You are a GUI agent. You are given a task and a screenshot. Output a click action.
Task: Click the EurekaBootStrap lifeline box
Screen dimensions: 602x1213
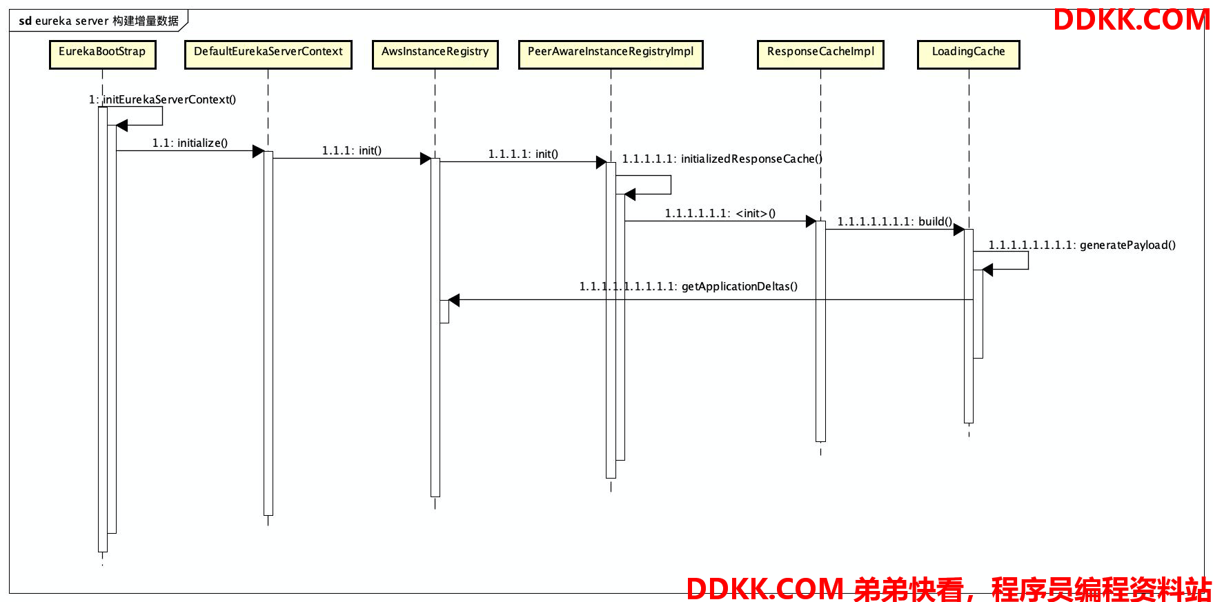pyautogui.click(x=102, y=54)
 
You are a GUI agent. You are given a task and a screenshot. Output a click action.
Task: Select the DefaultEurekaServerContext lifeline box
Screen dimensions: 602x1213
pyautogui.click(x=268, y=54)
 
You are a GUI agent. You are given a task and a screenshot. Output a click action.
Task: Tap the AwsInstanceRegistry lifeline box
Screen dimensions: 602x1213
pyautogui.click(x=435, y=54)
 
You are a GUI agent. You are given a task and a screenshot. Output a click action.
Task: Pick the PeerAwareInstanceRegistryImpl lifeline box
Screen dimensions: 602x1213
pyautogui.click(x=611, y=54)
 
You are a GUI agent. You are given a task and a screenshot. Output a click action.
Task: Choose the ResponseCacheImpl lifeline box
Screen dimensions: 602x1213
pyautogui.click(x=820, y=54)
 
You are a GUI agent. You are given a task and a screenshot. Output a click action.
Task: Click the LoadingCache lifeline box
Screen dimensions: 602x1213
pyautogui.click(x=968, y=54)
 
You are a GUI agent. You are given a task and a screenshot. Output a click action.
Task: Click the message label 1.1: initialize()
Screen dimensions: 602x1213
pyautogui.click(x=190, y=143)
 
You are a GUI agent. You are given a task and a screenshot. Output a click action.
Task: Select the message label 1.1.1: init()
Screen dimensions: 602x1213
pyautogui.click(x=351, y=150)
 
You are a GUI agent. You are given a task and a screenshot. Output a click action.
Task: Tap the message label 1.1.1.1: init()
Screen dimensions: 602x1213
pyautogui.click(x=523, y=154)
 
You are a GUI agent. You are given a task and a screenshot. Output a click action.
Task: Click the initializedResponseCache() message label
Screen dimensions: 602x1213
pyautogui.click(x=722, y=159)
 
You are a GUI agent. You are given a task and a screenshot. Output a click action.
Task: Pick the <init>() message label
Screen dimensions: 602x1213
pyautogui.click(x=720, y=213)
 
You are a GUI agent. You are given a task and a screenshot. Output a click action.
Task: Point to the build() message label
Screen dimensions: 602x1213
pyautogui.click(x=894, y=221)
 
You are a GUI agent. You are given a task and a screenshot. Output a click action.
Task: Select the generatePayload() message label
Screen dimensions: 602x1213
pyautogui.click(x=1082, y=245)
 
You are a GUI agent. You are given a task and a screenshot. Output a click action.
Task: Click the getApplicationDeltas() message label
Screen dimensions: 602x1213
pyautogui.click(x=688, y=286)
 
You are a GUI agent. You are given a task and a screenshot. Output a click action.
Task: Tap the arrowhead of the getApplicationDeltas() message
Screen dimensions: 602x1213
pyautogui.click(x=454, y=300)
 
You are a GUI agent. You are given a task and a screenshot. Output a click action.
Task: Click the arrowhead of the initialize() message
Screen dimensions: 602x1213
pyautogui.click(x=259, y=151)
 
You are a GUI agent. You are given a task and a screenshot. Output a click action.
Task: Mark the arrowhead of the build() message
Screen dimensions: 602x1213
pyautogui.click(x=958, y=230)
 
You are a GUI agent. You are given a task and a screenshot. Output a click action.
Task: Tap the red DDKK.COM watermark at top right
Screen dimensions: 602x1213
pyautogui.click(x=1131, y=19)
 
